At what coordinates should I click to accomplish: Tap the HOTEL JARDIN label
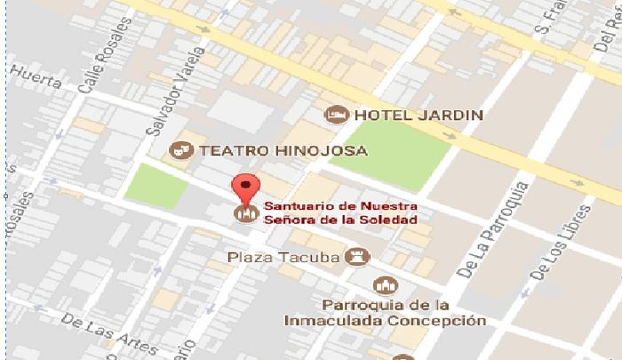click(x=419, y=115)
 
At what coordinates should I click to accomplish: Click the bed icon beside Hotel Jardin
click(x=335, y=114)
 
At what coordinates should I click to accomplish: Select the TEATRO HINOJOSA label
click(x=283, y=150)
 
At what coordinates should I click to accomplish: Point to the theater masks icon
click(x=180, y=150)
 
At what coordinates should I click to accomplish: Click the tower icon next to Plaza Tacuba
click(x=357, y=257)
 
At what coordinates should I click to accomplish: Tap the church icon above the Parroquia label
click(x=385, y=285)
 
